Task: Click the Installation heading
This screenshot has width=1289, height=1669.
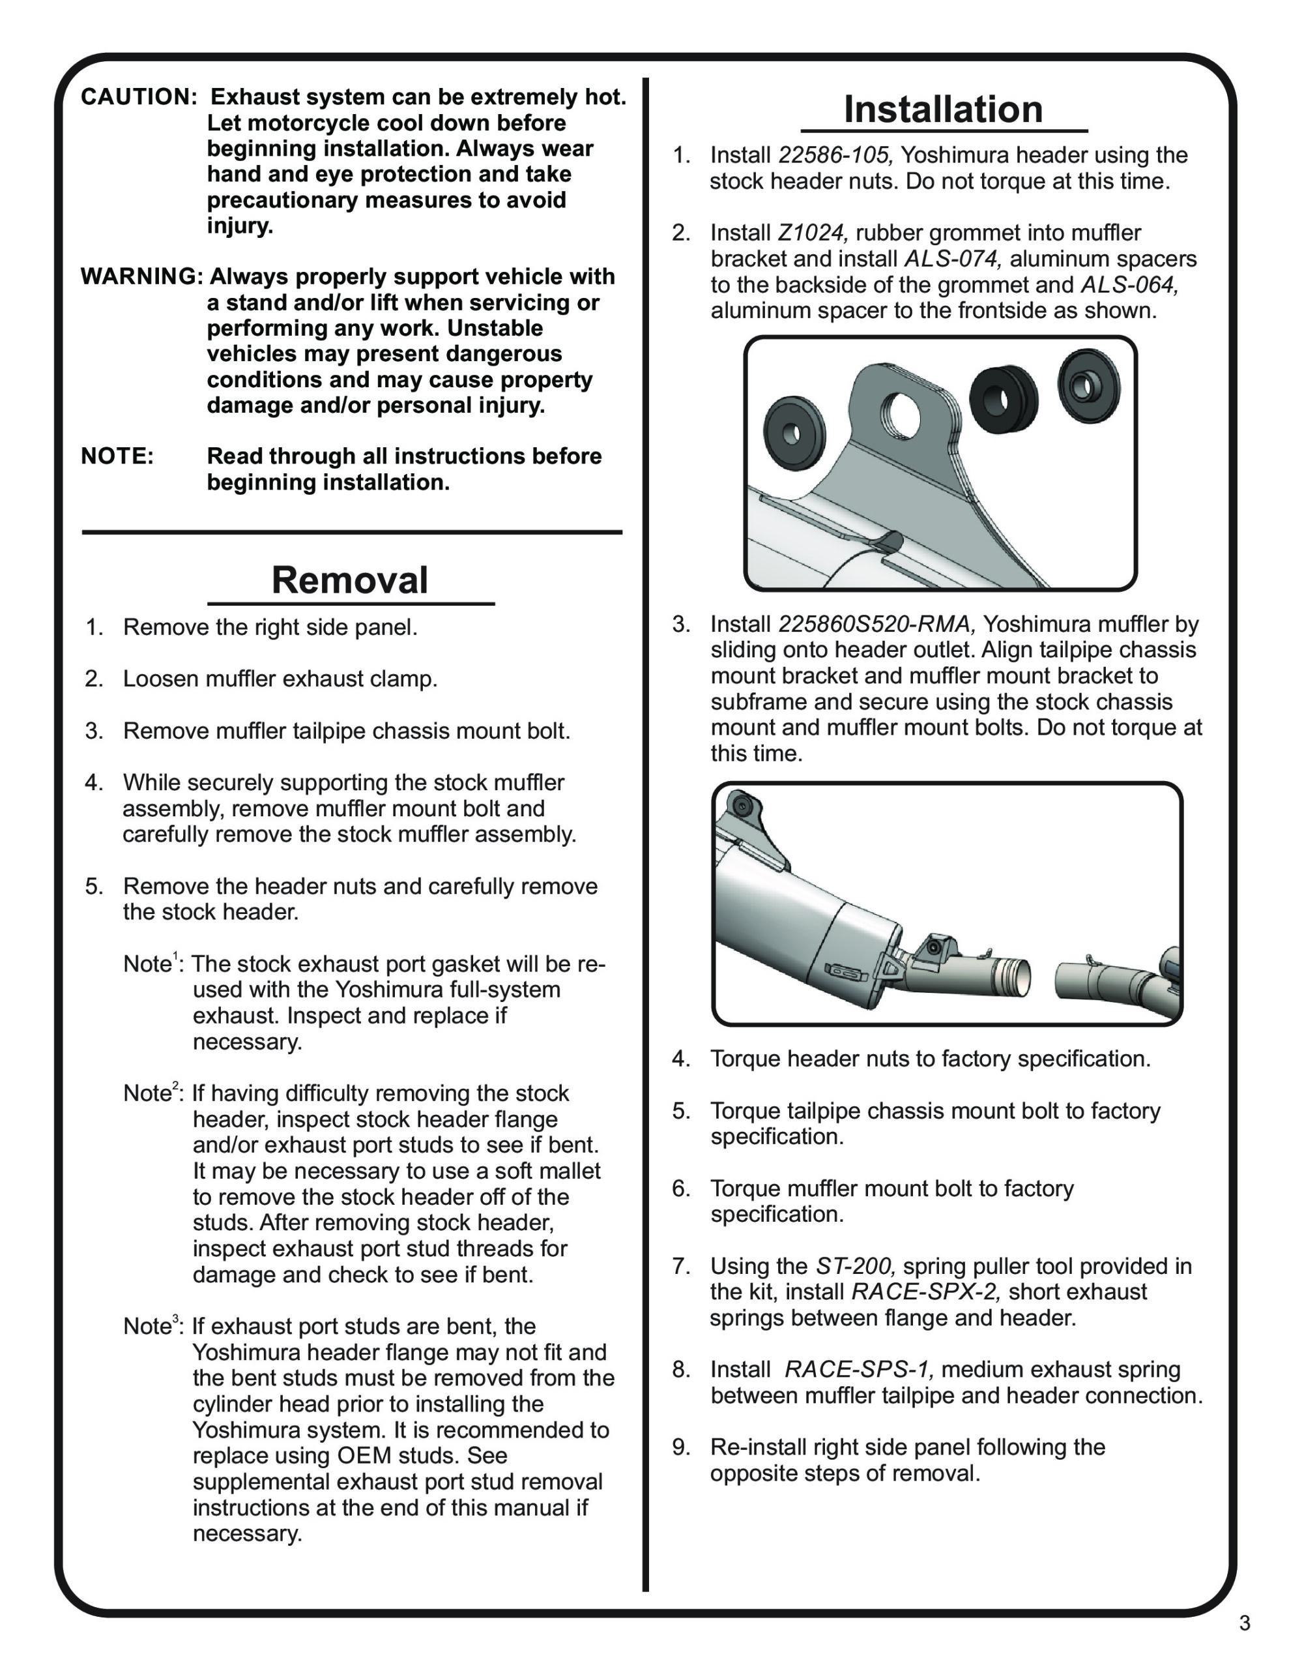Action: coord(942,110)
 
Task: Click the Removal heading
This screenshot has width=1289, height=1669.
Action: coord(350,580)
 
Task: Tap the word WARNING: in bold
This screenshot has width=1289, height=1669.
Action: coord(141,276)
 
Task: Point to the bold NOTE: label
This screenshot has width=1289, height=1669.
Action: coord(117,456)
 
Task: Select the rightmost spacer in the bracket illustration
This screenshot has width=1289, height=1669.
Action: coord(1088,385)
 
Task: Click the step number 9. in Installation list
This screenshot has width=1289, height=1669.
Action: coord(682,1447)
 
